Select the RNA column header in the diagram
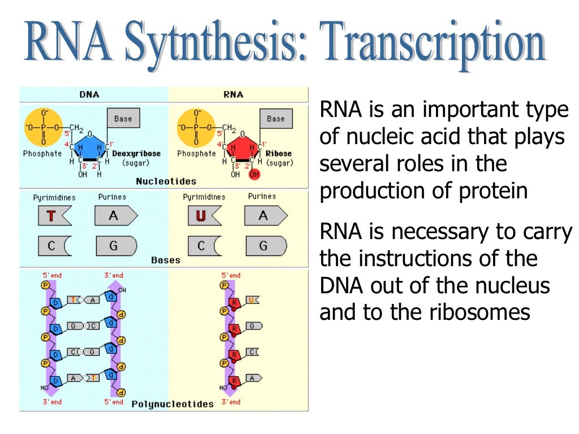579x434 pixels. pyautogui.click(x=233, y=94)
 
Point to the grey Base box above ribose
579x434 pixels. pyautogui.click(x=275, y=119)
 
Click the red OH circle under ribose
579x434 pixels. pyautogui.click(x=253, y=175)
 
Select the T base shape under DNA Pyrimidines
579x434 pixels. pyautogui.click(x=54, y=216)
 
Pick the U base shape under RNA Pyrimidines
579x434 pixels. pyautogui.click(x=202, y=216)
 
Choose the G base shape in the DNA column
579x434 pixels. pyautogui.click(x=116, y=246)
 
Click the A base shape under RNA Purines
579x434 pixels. pyautogui.click(x=265, y=216)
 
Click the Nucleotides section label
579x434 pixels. pyautogui.click(x=166, y=182)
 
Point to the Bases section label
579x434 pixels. pyautogui.click(x=166, y=261)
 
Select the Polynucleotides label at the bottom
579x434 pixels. pyautogui.click(x=172, y=404)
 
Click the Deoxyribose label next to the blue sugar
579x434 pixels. pyautogui.click(x=136, y=154)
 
